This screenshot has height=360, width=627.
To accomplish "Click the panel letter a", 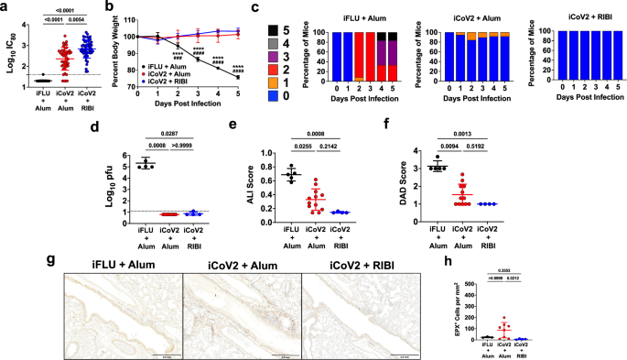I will click(6, 6).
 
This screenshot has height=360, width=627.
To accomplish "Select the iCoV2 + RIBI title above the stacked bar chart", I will click(568, 19).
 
